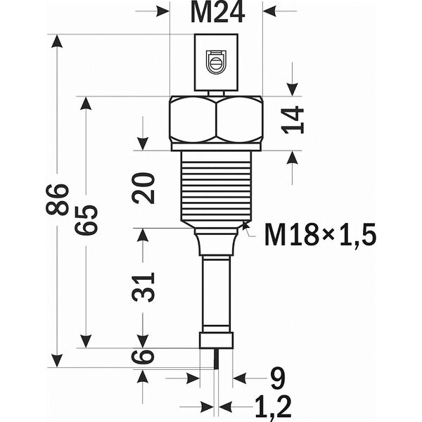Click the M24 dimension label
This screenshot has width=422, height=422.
(216, 12)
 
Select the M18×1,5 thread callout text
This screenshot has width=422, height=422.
(320, 234)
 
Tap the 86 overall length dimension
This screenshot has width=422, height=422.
(58, 199)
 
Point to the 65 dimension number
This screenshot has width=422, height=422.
(87, 219)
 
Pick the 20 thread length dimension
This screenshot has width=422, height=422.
(144, 188)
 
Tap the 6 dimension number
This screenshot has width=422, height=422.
(144, 357)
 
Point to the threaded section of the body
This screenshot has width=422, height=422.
(216, 186)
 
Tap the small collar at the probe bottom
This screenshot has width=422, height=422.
(216, 340)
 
